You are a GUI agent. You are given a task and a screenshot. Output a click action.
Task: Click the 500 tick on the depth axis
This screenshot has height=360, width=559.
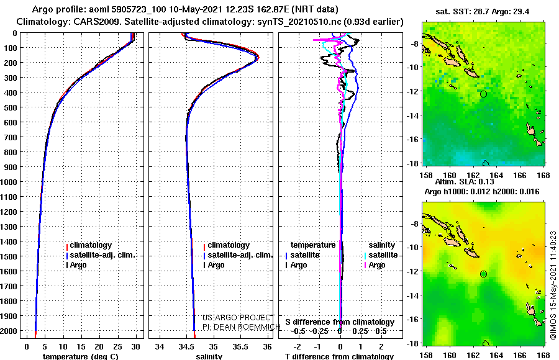pos(11,107)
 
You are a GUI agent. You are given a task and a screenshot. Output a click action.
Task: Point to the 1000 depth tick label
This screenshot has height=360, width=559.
pos(9,182)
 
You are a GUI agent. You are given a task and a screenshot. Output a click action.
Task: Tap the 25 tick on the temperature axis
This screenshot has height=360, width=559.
pos(117,347)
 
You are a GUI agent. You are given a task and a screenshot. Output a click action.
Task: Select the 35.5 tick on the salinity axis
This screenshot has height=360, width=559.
pos(240,347)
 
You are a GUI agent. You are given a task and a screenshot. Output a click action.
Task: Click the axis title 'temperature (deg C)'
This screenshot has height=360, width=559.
pos(81,356)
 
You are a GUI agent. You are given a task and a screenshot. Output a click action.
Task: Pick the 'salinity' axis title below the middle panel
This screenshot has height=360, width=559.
pos(209,356)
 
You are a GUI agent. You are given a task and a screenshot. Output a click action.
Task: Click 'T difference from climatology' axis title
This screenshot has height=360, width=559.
pos(339,356)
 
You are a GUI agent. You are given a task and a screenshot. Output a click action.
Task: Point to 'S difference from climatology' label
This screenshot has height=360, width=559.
pos(340,322)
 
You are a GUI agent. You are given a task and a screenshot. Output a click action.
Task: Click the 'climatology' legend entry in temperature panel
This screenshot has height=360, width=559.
pos(89,245)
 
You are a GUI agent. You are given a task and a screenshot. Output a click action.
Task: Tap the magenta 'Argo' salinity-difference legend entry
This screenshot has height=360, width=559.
pos(375,265)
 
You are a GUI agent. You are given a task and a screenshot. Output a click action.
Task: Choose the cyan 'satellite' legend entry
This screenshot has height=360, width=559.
pos(381,255)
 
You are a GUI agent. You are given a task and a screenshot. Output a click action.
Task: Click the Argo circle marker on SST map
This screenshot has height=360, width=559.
pos(483,94)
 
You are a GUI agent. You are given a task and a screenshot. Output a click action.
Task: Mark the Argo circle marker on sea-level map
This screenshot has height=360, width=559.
pos(483,274)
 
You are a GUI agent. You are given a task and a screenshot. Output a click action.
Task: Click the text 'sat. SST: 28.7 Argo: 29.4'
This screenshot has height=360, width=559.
pos(483,12)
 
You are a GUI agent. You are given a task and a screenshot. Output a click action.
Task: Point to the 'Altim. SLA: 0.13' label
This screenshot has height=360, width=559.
pos(465,182)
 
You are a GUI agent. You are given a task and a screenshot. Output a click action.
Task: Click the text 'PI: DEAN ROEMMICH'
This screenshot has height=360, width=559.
pos(242,327)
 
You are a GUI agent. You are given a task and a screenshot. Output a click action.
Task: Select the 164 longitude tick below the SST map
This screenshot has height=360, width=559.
pos(496,175)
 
